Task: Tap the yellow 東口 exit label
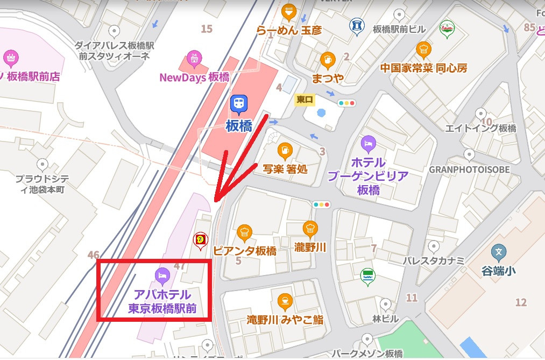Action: (305, 100)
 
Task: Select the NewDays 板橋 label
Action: (194, 77)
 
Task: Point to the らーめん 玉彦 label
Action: (289, 31)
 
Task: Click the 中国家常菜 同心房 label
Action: (423, 68)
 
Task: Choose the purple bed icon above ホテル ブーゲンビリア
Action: (369, 144)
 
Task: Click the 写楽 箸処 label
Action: (285, 168)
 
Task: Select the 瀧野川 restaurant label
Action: (310, 246)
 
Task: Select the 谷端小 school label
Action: (498, 271)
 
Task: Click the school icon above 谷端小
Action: (499, 252)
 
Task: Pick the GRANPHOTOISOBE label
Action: (469, 169)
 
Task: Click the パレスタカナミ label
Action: (434, 260)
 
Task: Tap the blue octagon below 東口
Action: (322, 113)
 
